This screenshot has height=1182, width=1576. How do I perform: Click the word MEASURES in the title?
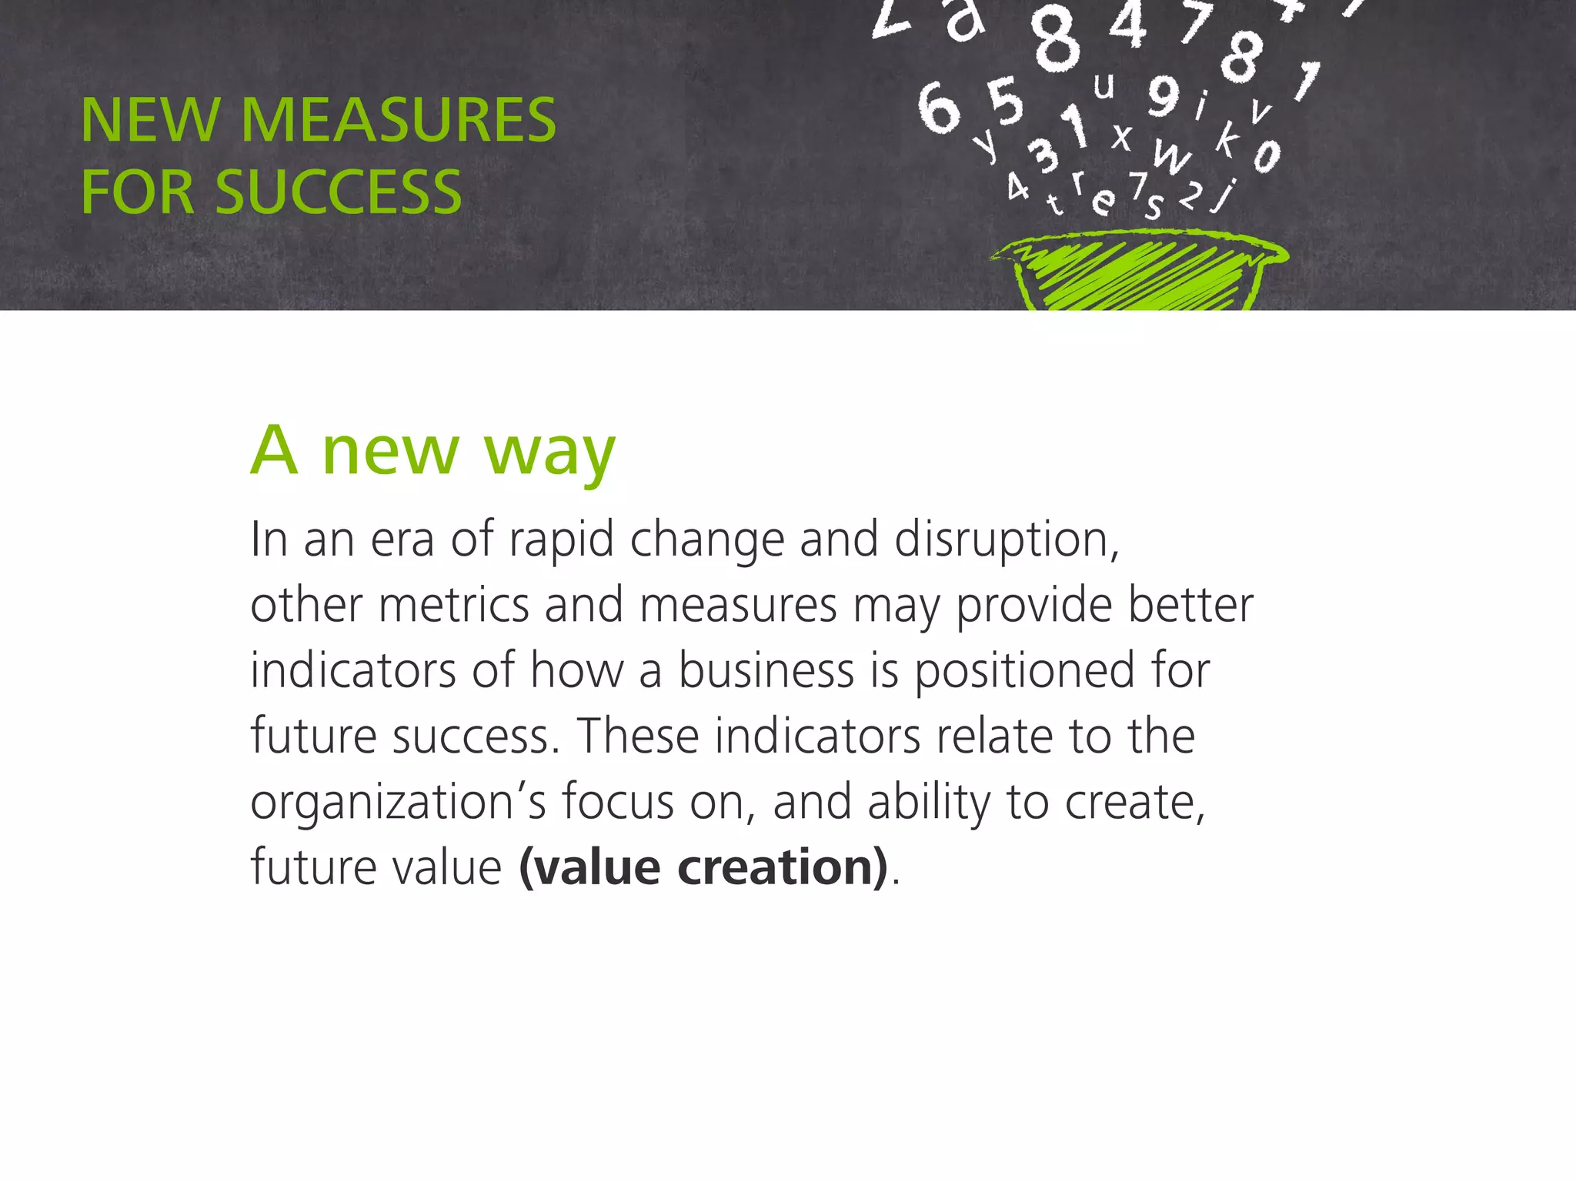pyautogui.click(x=398, y=120)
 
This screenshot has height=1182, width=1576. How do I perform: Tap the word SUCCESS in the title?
pyautogui.click(x=339, y=192)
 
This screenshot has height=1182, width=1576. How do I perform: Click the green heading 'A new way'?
pyautogui.click(x=433, y=451)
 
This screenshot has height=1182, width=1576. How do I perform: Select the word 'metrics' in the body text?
pyautogui.click(x=454, y=605)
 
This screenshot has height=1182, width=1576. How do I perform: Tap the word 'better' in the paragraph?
pyautogui.click(x=1190, y=605)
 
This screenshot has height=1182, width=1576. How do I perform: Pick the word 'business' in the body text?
pyautogui.click(x=766, y=670)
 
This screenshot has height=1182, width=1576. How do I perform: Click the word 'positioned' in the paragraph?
pyautogui.click(x=1024, y=672)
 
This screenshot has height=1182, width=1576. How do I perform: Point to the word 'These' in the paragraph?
pyautogui.click(x=638, y=736)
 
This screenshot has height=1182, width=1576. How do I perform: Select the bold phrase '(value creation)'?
pyautogui.click(x=703, y=868)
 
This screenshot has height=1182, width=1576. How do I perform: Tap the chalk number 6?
pyautogui.click(x=938, y=109)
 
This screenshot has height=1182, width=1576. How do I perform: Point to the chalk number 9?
pyautogui.click(x=1164, y=95)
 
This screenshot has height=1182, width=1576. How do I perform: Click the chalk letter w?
pyautogui.click(x=1170, y=157)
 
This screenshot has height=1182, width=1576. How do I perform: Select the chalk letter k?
pyautogui.click(x=1229, y=139)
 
